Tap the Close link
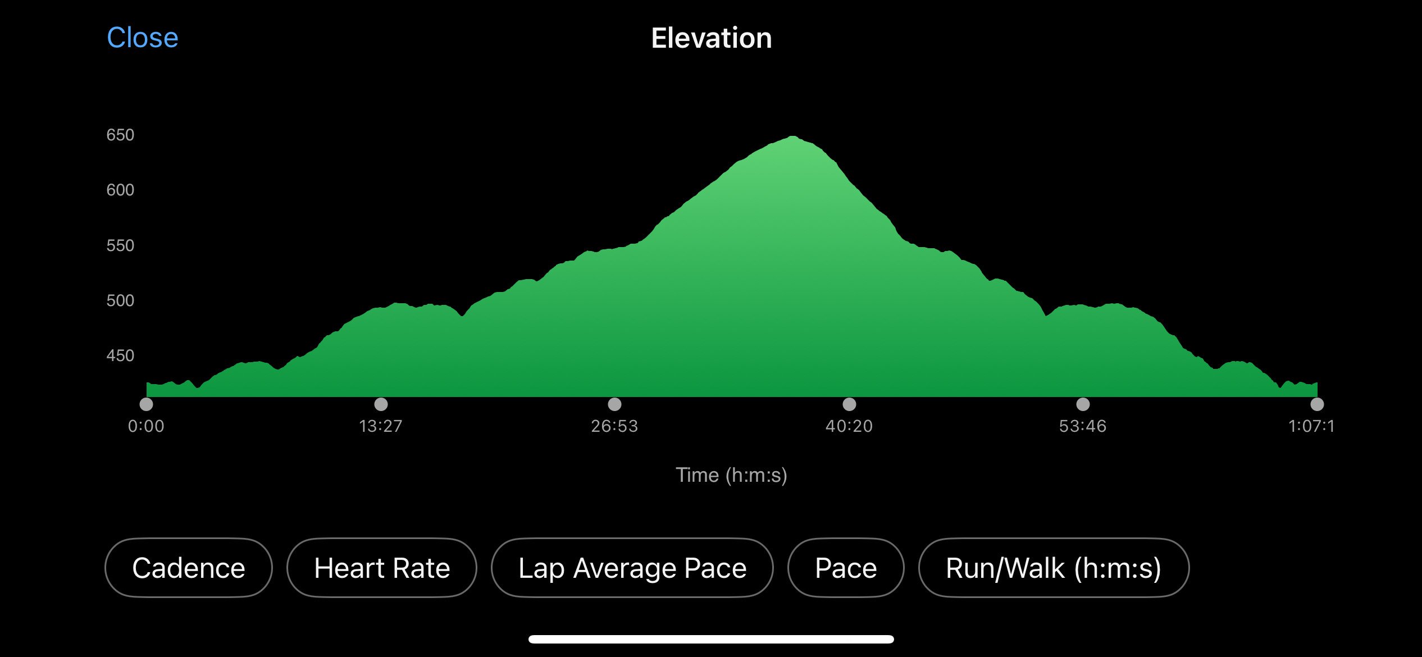[x=143, y=38]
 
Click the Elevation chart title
[x=712, y=38]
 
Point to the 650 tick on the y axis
[x=120, y=135]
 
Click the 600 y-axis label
[x=120, y=190]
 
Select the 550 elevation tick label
[x=120, y=245]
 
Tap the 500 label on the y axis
[x=120, y=300]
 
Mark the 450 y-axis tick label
[x=120, y=355]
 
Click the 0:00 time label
[x=146, y=426]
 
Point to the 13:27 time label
[x=381, y=426]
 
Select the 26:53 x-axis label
[x=614, y=426]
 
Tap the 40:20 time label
[x=849, y=426]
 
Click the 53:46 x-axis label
[x=1083, y=426]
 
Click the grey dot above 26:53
[x=614, y=404]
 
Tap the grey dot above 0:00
[x=146, y=404]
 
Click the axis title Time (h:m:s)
[x=731, y=476]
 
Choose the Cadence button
[x=189, y=568]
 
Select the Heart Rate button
[x=382, y=568]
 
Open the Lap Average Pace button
[x=632, y=568]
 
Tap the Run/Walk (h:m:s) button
[x=1054, y=568]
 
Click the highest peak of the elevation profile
[x=792, y=136]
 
